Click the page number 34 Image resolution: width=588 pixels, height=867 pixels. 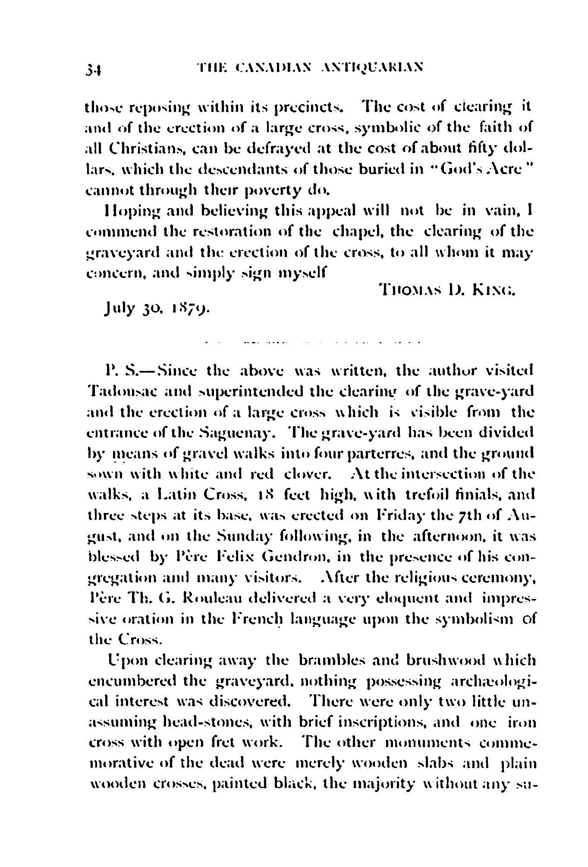pyautogui.click(x=93, y=69)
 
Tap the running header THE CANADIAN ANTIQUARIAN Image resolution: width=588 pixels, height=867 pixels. pyautogui.click(x=309, y=67)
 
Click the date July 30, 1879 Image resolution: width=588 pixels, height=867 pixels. pyautogui.click(x=155, y=310)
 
